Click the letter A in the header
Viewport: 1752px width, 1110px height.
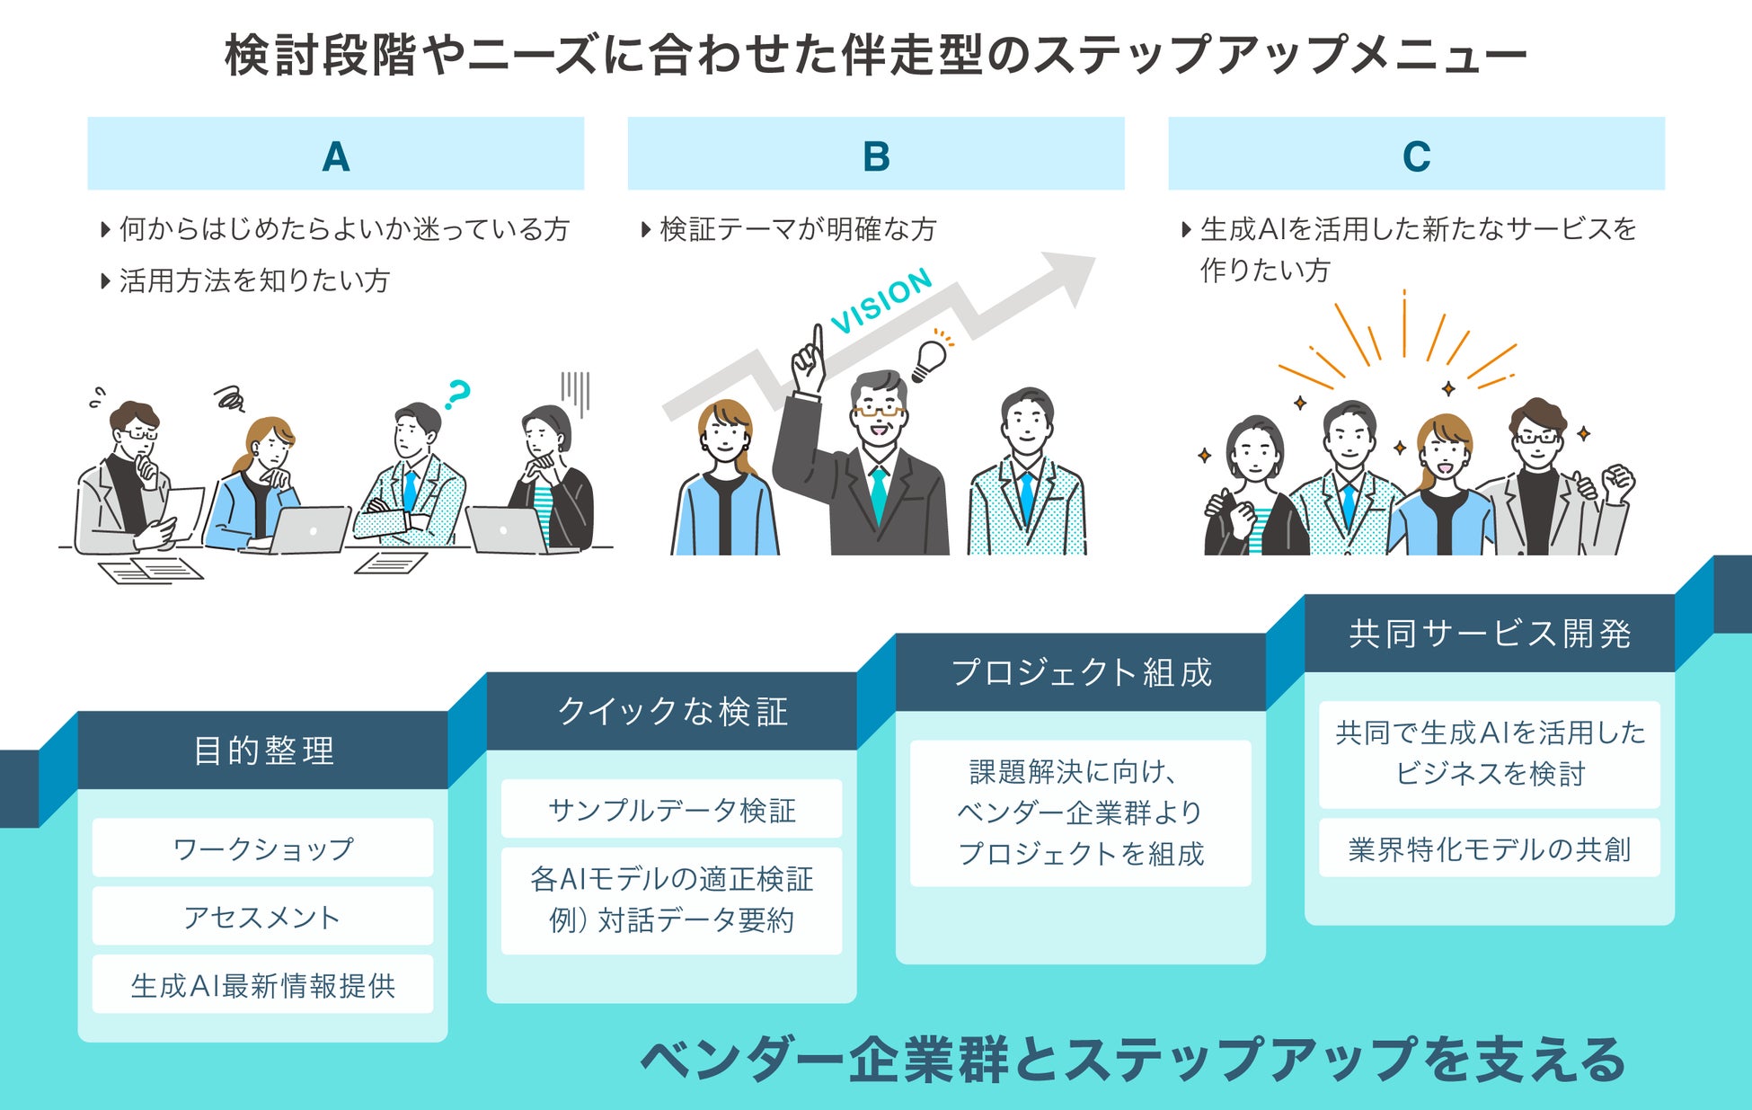pos(335,156)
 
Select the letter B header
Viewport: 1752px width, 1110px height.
pos(876,156)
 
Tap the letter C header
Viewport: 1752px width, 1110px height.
pos(1416,156)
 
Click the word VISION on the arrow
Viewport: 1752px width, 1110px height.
pos(882,300)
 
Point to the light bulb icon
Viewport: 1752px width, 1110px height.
pos(929,359)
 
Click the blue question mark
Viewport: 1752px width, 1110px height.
pos(457,393)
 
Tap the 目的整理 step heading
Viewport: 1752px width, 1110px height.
pos(263,750)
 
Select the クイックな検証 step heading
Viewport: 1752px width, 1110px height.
pos(672,711)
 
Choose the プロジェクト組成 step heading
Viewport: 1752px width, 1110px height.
pos(1081,672)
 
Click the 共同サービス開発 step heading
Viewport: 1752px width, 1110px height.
pos(1490,634)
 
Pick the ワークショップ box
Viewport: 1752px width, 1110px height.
pos(262,848)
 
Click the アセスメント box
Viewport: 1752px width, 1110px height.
pos(262,917)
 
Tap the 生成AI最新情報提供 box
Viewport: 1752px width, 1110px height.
pos(262,985)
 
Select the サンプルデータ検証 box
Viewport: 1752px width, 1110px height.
pos(672,810)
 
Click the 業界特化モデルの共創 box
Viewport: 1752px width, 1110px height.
pos(1490,848)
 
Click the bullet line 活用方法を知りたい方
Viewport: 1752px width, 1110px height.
pos(254,280)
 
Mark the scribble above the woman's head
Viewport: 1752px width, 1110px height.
pos(230,396)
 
